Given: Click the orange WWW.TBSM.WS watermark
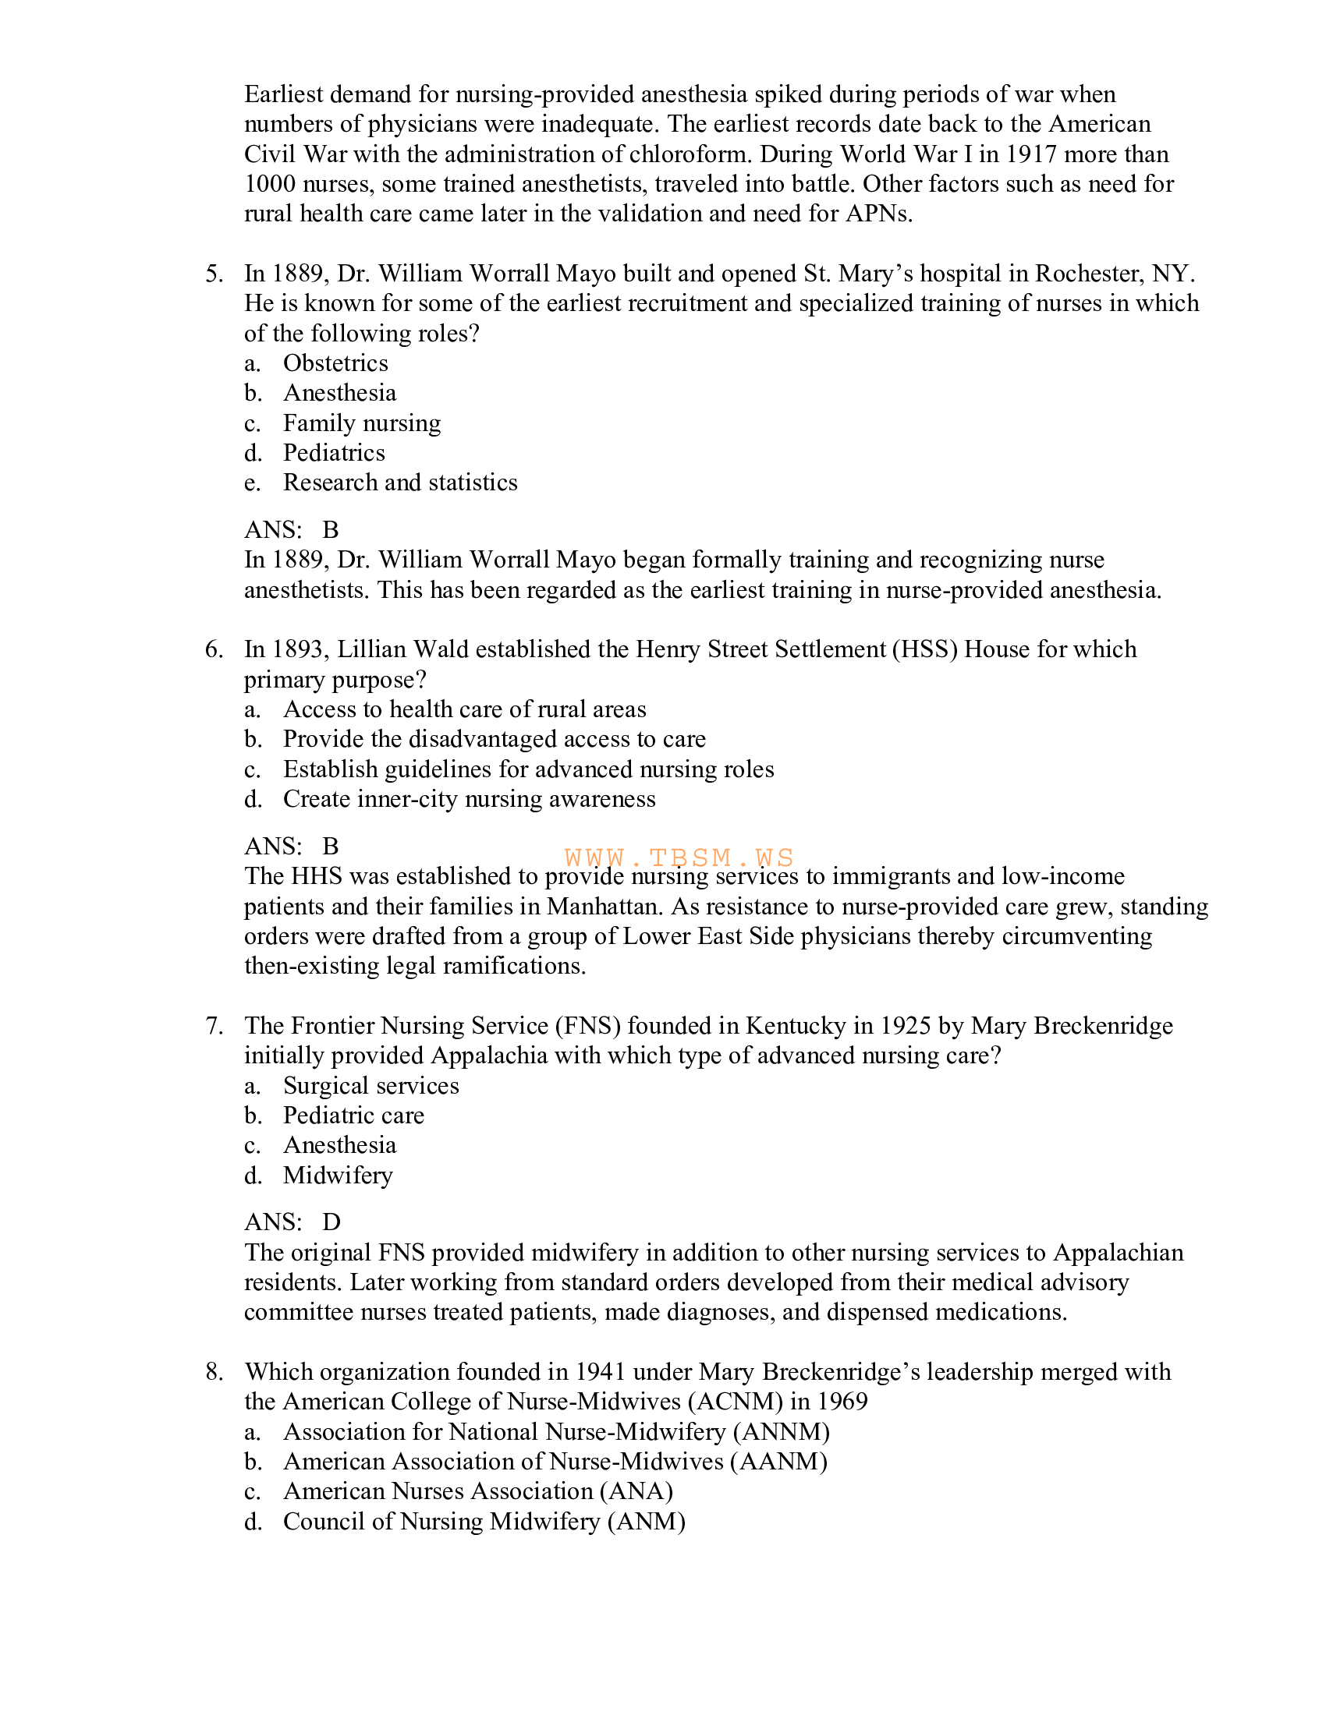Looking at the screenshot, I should pyautogui.click(x=679, y=857).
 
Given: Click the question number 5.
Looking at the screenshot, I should pyautogui.click(x=214, y=274).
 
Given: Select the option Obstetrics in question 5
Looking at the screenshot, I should pyautogui.click(x=335, y=363).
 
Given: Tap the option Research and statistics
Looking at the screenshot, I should pyautogui.click(x=400, y=483).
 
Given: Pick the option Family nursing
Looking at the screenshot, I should pyautogui.click(x=361, y=423).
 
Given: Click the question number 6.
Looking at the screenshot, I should pyautogui.click(x=214, y=650).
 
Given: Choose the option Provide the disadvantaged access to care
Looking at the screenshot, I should pyautogui.click(x=494, y=740).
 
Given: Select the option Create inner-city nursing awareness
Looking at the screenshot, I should pyautogui.click(x=469, y=799).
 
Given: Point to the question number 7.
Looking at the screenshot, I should pyautogui.click(x=214, y=1027).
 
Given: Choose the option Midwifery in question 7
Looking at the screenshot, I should pyautogui.click(x=338, y=1176).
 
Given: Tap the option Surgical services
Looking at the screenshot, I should pyautogui.click(x=370, y=1086).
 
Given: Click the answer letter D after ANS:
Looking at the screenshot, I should pyautogui.click(x=331, y=1222).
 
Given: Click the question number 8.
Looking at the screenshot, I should pyautogui.click(x=214, y=1373).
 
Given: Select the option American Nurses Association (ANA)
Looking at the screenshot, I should pyautogui.click(x=477, y=1492).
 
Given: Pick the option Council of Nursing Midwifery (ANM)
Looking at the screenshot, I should pyautogui.click(x=484, y=1522).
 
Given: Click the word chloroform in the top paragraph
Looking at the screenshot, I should pyautogui.click(x=690, y=154).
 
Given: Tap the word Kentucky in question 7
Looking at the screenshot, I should pyautogui.click(x=795, y=1027).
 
